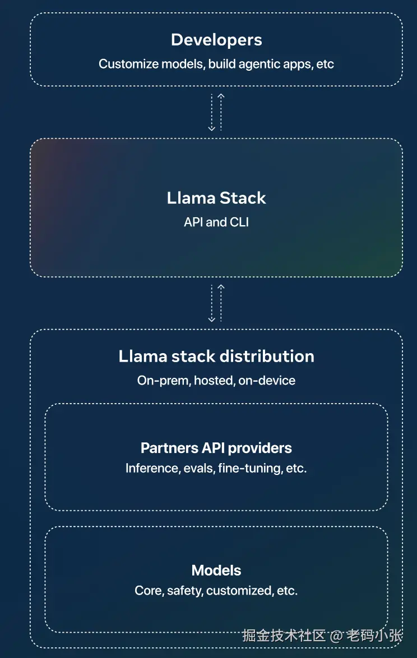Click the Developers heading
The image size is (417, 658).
coord(216,40)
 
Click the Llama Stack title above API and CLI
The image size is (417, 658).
coord(216,198)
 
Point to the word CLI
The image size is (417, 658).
coord(239,222)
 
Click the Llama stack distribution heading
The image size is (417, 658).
coord(216,357)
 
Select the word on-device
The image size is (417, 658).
coord(267,381)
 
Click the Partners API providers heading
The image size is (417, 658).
coord(216,448)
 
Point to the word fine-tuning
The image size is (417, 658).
coord(250,468)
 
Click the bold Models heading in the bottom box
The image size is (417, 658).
coord(216,570)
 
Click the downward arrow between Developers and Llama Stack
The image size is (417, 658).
coord(212,112)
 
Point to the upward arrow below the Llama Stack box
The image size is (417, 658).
coord(221,303)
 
